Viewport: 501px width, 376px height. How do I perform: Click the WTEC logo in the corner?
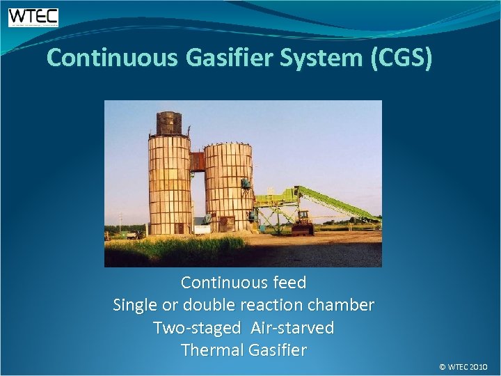pos(33,17)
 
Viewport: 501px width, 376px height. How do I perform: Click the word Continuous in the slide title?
pos(112,58)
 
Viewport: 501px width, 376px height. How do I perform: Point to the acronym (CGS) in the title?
pos(401,58)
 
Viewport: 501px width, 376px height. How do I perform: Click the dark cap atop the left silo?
pos(169,123)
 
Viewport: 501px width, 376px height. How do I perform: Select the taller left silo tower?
pos(168,185)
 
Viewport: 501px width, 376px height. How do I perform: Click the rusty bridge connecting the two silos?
pos(198,162)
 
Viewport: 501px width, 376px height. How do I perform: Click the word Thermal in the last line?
pos(209,350)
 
